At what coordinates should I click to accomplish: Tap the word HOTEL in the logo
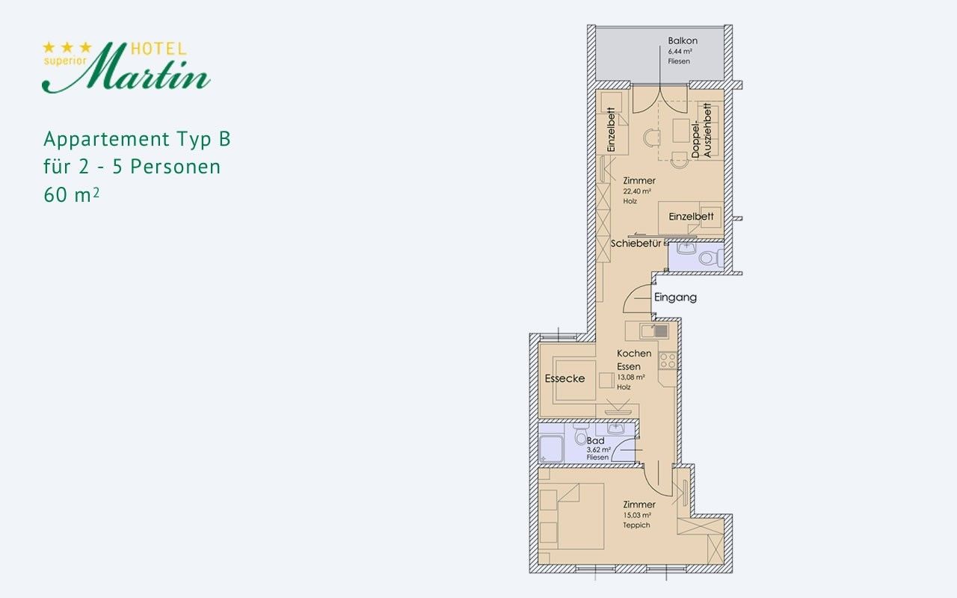159,49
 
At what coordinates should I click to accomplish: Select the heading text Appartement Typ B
137,139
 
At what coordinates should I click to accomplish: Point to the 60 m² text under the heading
71,195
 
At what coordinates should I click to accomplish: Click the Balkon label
683,40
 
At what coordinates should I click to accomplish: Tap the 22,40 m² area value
636,191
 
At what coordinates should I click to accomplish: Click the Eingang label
675,298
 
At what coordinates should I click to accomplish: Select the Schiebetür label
636,244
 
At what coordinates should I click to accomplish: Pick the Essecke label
564,378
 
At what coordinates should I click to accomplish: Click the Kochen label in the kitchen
634,354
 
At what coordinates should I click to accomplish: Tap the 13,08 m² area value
630,377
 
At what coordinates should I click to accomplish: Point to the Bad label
595,440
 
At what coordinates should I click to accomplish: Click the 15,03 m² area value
636,515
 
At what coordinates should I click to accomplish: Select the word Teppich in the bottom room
636,525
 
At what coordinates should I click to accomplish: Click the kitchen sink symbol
653,331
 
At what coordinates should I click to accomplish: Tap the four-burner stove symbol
667,361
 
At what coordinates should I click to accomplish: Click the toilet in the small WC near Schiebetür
711,258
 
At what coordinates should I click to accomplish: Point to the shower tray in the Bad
551,449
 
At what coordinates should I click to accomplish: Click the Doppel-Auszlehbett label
701,131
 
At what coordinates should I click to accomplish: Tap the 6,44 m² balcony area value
680,52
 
